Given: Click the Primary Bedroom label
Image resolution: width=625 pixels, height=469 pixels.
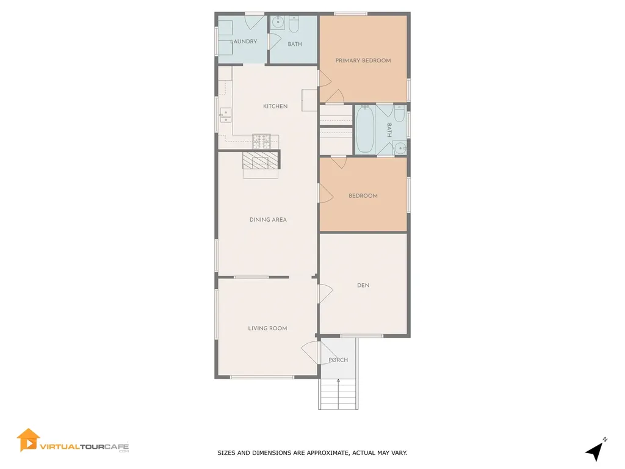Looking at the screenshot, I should pos(363,60).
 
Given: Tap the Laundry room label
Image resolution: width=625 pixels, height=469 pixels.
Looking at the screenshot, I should pos(244,42).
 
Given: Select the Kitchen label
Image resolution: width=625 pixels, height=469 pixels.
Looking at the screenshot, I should pos(275,106).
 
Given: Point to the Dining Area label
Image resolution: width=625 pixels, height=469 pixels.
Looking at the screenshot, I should pos(268,220).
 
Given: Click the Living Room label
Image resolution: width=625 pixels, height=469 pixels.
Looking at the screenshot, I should pos(267,329).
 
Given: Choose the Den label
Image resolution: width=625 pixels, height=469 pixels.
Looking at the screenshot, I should pos(363,285).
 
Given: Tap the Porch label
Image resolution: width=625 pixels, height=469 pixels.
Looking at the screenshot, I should pos(338,360).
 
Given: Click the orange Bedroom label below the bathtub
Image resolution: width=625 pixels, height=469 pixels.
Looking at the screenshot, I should pos(363,196).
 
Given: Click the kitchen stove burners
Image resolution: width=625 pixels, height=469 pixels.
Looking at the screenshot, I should pos(262,142).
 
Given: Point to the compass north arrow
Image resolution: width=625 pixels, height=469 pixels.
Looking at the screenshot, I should pos(595,451).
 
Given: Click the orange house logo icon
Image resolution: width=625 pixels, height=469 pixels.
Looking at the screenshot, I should pos(28,440).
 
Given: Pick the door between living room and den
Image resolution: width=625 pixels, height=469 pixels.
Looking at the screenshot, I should pos(323,294).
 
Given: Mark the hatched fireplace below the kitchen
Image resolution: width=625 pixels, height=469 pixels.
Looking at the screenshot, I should pos(261,160).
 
